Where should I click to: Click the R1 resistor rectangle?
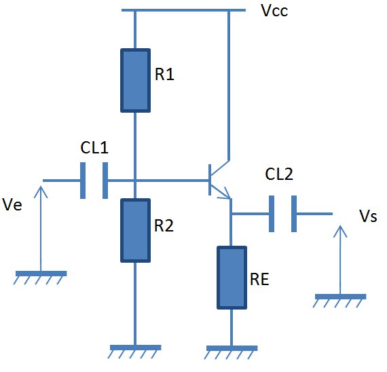coord(135,81)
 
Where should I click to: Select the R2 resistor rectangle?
coord(135,230)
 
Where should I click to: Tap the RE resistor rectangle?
coord(232,278)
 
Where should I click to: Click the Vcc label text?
coord(274,11)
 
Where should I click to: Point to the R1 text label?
coord(164,74)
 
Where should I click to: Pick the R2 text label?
coord(164,225)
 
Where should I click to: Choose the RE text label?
coord(259,279)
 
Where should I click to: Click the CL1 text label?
coord(94,147)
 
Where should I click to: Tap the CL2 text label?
coord(279,174)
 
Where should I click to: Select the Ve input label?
coord(12,204)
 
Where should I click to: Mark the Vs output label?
coord(368,217)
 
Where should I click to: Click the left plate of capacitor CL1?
coord(83,181)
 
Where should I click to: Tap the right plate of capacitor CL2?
coord(294,214)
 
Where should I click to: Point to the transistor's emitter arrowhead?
coord(227,193)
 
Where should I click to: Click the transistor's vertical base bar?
coord(210,180)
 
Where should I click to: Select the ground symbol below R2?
coord(134,352)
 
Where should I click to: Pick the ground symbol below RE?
coord(231,352)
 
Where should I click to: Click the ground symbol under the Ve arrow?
coord(40,278)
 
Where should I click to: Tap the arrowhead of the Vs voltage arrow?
coord(340,231)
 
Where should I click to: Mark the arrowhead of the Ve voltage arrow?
coord(41,192)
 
